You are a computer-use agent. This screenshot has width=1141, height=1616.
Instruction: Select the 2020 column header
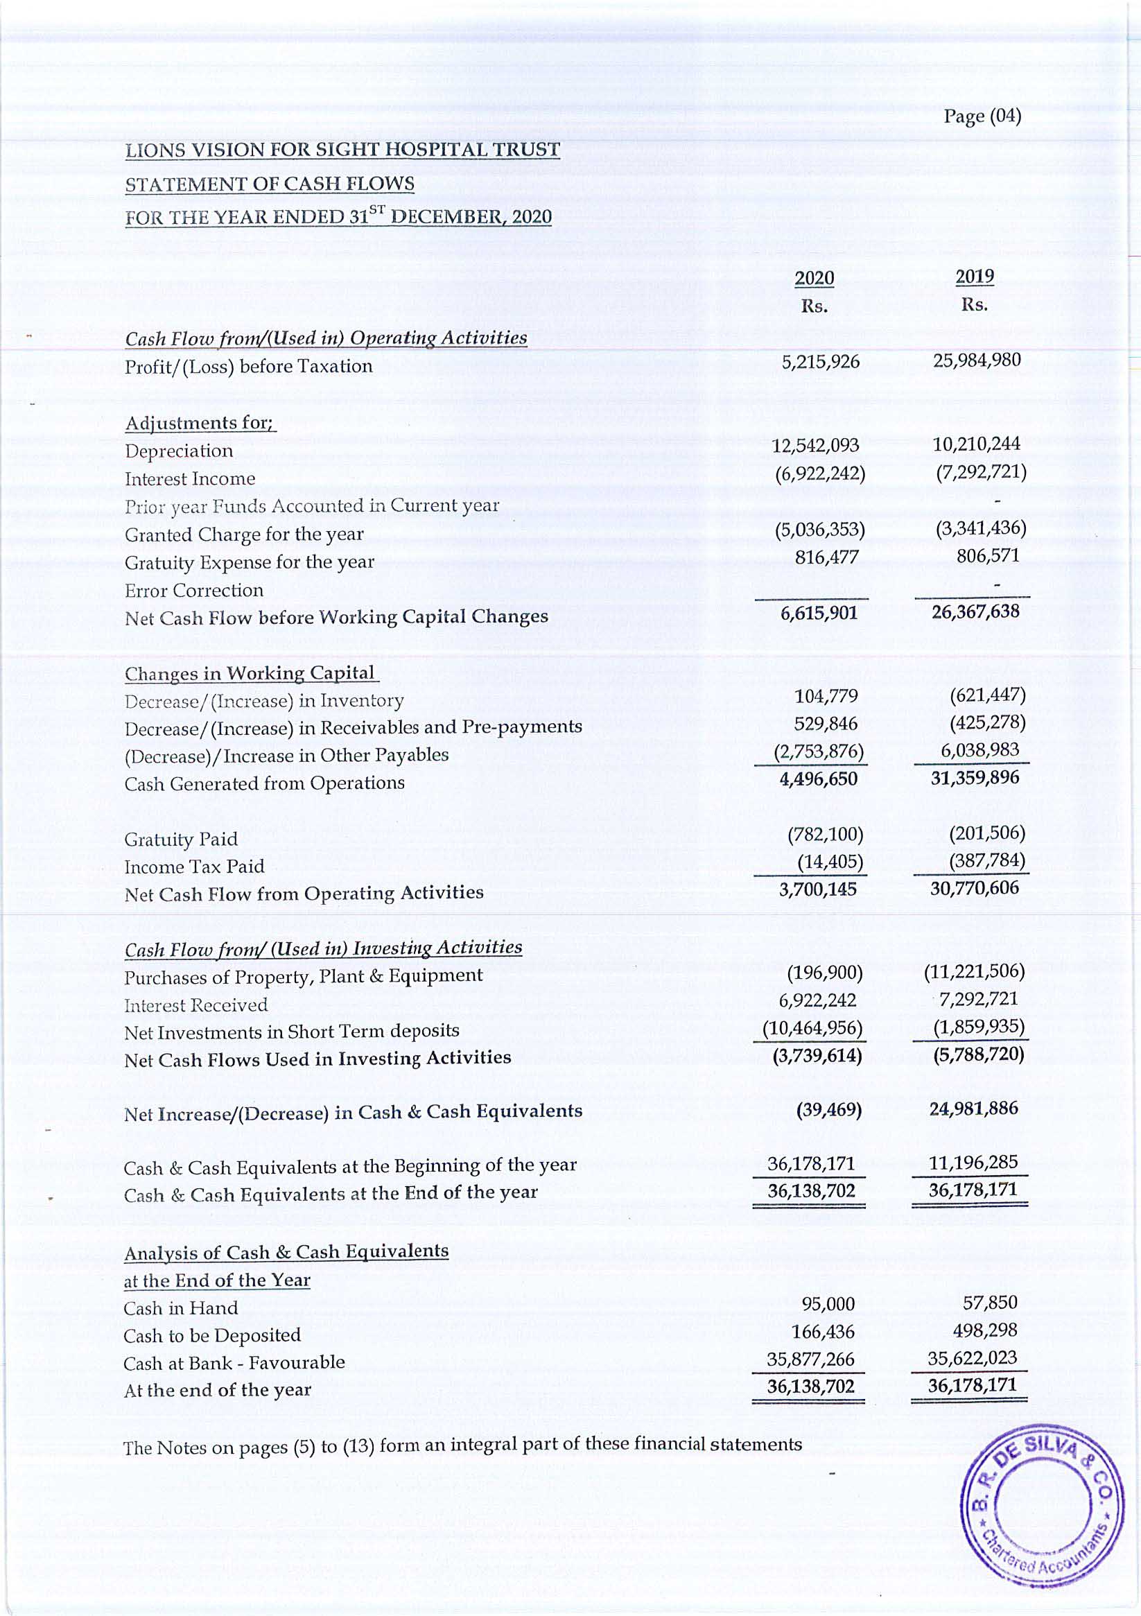(x=815, y=278)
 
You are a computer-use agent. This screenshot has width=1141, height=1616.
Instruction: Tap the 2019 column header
(x=974, y=277)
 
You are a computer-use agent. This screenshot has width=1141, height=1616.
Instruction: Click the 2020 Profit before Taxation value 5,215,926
(x=821, y=362)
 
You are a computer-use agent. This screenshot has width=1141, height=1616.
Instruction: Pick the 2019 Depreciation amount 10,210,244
(x=976, y=444)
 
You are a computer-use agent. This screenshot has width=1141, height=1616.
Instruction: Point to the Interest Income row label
(x=190, y=478)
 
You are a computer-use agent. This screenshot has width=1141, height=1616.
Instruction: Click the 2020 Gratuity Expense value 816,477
(x=827, y=557)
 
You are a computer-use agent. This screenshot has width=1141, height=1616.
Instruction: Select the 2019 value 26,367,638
(x=975, y=611)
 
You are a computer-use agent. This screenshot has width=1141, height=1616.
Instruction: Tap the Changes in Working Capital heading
(x=250, y=674)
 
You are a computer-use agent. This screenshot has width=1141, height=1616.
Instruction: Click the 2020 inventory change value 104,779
(x=826, y=696)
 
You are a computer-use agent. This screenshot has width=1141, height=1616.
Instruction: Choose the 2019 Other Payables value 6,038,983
(x=979, y=749)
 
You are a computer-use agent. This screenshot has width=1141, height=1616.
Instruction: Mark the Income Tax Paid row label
(x=194, y=867)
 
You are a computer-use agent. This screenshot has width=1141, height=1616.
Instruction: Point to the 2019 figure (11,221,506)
(x=974, y=972)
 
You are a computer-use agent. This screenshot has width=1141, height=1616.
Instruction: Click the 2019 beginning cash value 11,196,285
(x=973, y=1162)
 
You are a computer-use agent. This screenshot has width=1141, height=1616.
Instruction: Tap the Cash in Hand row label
(x=181, y=1307)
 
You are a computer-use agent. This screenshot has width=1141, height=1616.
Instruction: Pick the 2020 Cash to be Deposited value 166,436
(x=823, y=1332)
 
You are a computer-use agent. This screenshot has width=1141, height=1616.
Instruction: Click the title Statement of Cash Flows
(x=270, y=184)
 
